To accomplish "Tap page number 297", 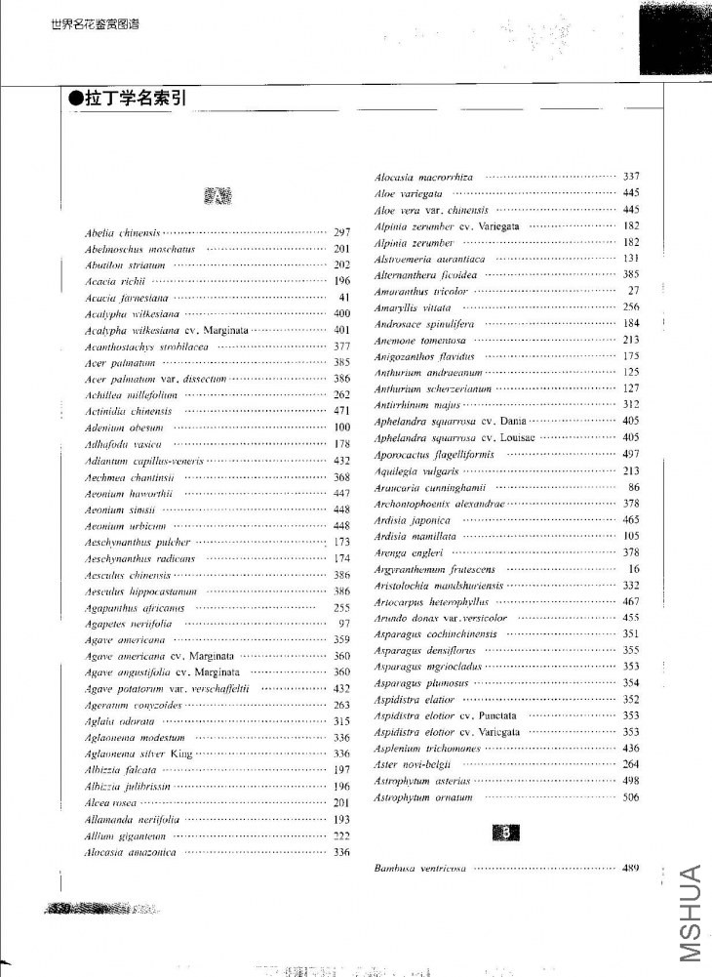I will tap(341, 233).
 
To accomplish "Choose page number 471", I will tap(341, 411).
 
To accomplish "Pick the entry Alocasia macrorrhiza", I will tap(424, 177).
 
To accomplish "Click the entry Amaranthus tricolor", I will tap(421, 291).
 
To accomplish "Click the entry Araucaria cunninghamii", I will tap(430, 487).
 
